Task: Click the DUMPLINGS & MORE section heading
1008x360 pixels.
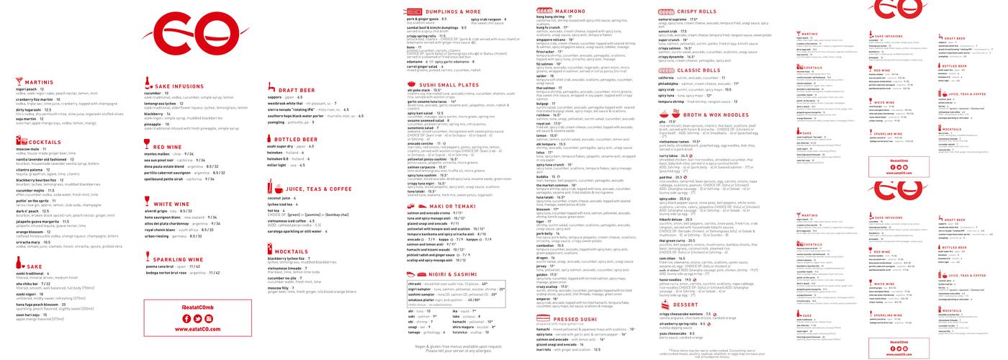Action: pyautogui.click(x=453, y=12)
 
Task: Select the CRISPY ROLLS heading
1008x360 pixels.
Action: pyautogui.click(x=698, y=12)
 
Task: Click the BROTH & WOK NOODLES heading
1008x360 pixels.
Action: pyautogui.click(x=715, y=114)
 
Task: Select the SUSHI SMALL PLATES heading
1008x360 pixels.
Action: pyautogui.click(x=454, y=84)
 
